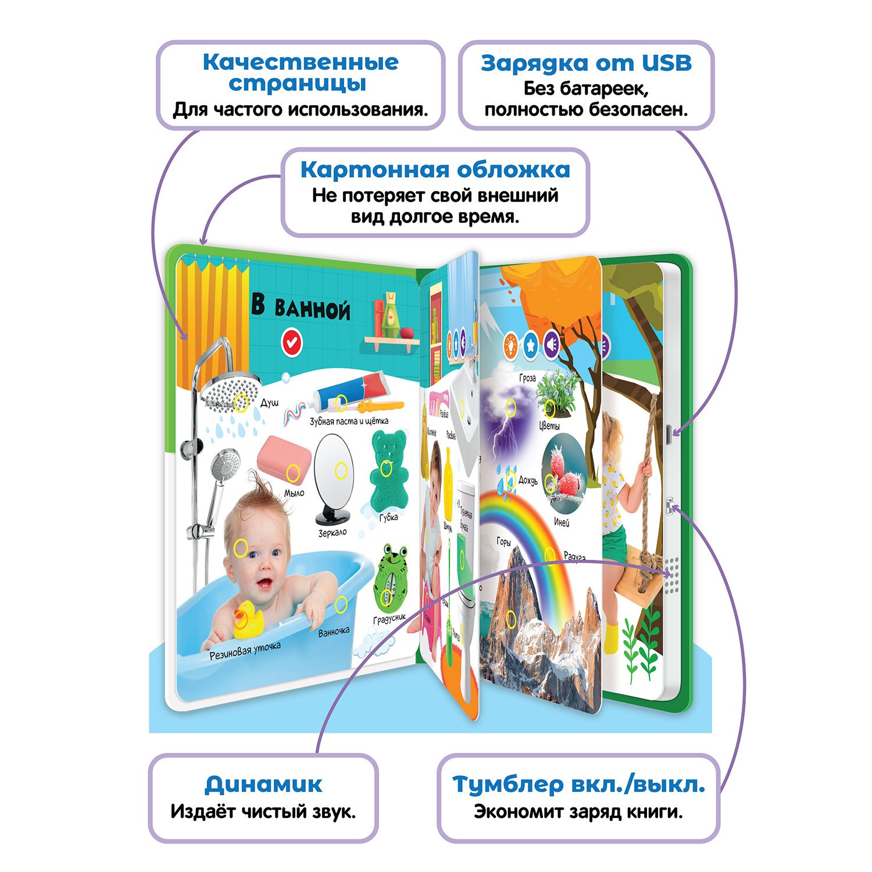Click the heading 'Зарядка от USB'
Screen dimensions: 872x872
point(586,63)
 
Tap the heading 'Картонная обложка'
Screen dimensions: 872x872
point(435,170)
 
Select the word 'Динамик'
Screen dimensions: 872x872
point(263,784)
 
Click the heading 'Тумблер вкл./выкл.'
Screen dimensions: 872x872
point(578,784)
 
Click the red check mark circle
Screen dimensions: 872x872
point(292,342)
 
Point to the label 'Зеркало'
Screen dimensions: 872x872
point(332,532)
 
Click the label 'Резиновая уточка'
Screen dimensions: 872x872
point(245,651)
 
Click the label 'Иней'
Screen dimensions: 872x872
point(562,522)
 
